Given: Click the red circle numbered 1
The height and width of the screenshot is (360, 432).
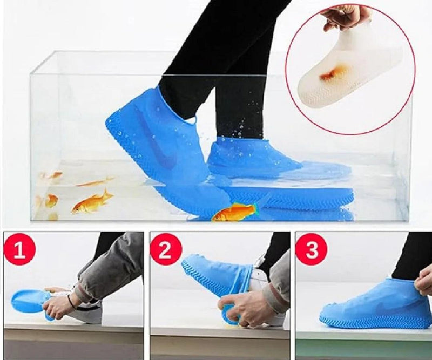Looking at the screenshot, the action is coord(19,249).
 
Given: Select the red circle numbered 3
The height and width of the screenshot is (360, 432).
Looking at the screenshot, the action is coord(312,249).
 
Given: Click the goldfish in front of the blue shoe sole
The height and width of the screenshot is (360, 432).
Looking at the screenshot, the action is coord(234,212).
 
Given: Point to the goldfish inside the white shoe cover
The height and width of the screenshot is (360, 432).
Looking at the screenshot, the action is coord(328,76).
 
